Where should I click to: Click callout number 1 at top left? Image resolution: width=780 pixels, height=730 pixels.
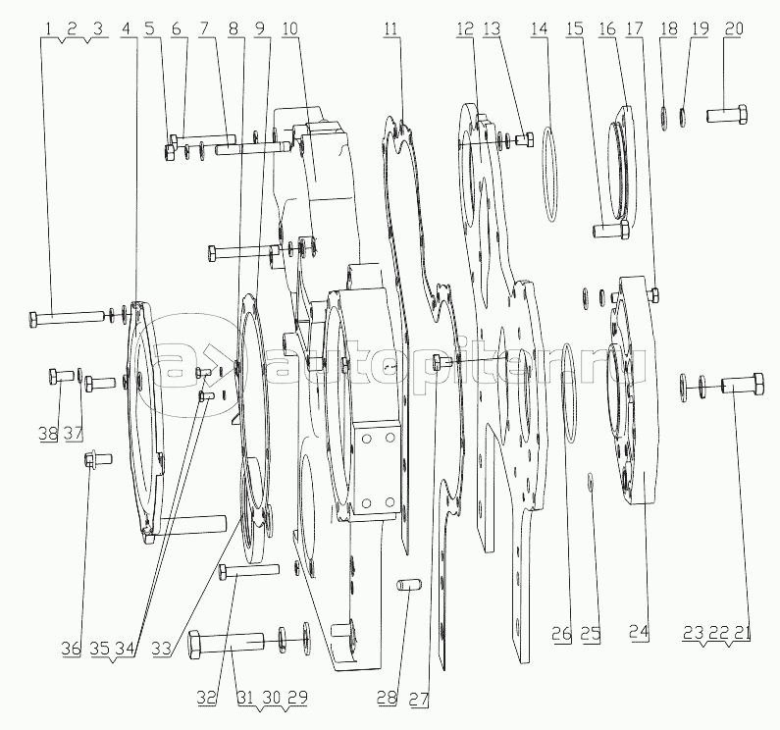[x=48, y=29]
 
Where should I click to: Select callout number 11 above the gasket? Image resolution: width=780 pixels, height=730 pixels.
[x=391, y=28]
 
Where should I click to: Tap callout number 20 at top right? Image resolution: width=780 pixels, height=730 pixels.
[x=734, y=28]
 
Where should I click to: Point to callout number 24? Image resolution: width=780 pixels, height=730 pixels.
[x=639, y=633]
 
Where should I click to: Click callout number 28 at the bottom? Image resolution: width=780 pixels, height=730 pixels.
[x=387, y=699]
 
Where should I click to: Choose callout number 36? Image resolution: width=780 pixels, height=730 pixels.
[x=71, y=649]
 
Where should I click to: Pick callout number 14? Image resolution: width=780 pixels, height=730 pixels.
[x=539, y=28]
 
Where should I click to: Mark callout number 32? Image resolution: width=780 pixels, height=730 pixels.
[x=206, y=699]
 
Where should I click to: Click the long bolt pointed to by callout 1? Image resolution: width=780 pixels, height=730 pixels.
[x=67, y=318]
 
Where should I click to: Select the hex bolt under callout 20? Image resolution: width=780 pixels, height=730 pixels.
[x=726, y=115]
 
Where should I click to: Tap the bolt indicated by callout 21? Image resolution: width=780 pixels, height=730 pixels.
[x=743, y=385]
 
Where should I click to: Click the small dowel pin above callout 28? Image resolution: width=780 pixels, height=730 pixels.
[x=410, y=586]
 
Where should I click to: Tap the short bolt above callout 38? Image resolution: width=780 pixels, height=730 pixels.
[x=61, y=376]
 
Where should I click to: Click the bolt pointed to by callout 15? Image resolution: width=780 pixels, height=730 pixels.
[x=611, y=230]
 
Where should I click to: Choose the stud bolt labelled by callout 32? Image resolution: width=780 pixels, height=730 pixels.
[x=248, y=572]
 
